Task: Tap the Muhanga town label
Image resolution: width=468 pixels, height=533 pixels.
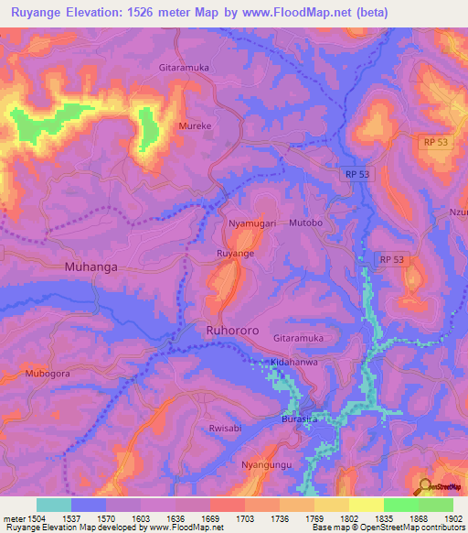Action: (x=92, y=267)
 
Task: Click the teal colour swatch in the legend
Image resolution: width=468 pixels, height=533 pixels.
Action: (x=54, y=505)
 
